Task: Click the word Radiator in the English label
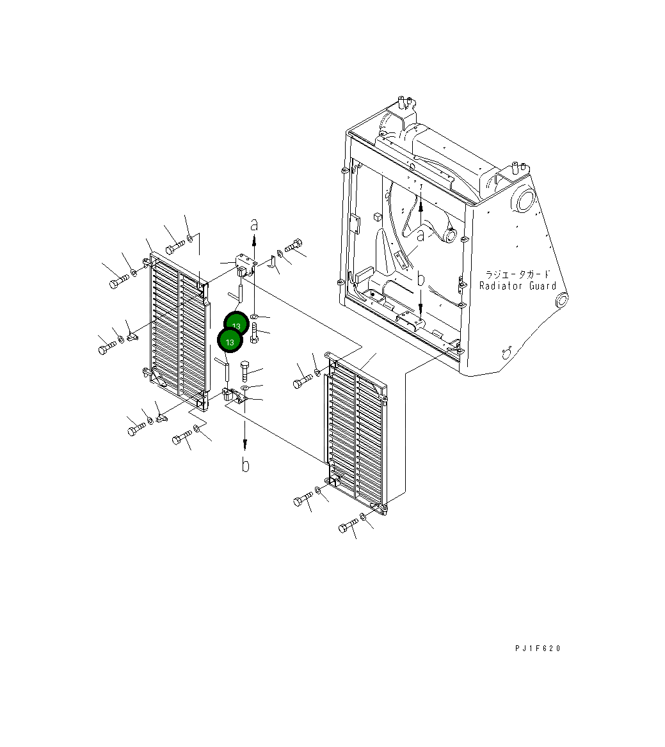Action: [x=501, y=286]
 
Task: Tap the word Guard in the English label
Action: [x=543, y=286]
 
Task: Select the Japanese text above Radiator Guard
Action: [x=518, y=274]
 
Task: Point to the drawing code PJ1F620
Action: [x=538, y=648]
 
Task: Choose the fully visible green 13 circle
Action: [x=230, y=342]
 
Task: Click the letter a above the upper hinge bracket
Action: [x=254, y=224]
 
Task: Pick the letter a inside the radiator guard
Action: [x=421, y=235]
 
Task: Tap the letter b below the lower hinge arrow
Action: [x=245, y=465]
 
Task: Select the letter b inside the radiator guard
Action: [x=421, y=279]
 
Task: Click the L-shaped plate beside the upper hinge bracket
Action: [x=271, y=261]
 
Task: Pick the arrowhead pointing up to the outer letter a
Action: [x=254, y=238]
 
